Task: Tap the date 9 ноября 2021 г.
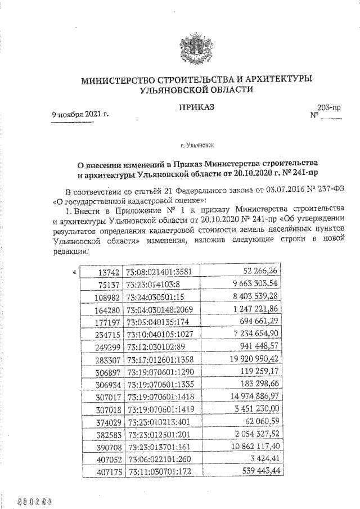(x=80, y=114)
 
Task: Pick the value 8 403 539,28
(x=255, y=296)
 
